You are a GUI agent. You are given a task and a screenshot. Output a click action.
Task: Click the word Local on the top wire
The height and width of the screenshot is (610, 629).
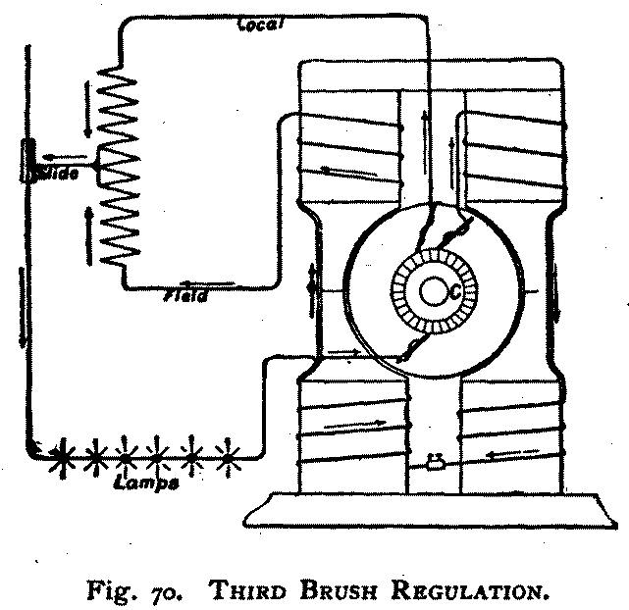260,24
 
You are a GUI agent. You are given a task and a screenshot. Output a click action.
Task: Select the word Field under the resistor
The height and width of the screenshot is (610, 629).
186,294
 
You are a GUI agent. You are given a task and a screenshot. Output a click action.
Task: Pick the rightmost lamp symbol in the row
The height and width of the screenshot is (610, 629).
229,455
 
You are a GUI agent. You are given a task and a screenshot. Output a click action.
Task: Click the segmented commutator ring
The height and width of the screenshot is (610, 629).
433,292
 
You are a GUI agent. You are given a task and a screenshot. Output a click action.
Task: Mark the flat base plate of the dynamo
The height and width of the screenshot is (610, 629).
432,512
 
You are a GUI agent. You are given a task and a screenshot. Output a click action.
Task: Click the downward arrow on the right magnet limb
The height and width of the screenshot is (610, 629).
556,294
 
